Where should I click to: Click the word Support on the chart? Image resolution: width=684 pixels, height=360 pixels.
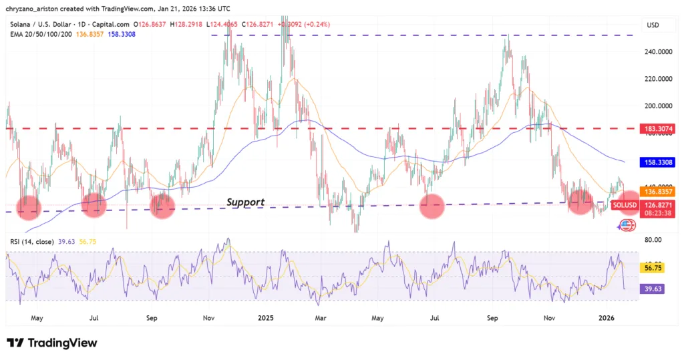245,202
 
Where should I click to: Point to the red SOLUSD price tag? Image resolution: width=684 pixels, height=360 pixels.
627,204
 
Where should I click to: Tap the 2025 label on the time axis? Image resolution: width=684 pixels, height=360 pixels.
266,319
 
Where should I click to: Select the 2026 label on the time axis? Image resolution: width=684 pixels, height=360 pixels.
607,319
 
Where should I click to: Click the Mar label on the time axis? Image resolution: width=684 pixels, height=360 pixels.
321,319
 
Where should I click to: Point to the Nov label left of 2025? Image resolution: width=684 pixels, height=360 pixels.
209,319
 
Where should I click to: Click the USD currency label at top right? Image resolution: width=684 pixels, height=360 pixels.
653,25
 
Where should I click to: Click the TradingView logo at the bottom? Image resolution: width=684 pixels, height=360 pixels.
52,343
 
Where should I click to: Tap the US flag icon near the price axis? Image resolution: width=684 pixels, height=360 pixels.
627,226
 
